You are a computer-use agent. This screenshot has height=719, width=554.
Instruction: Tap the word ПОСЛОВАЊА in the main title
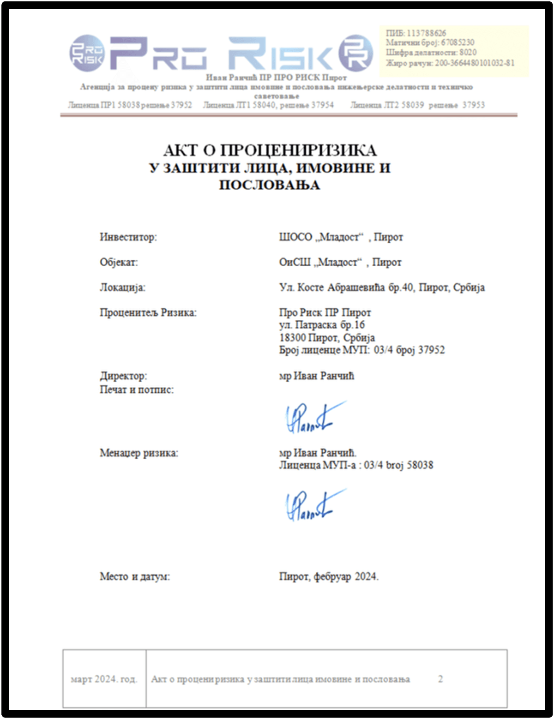[x=269, y=185]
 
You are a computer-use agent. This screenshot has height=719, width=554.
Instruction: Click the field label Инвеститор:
[x=128, y=237]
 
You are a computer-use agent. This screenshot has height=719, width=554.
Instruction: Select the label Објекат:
[x=119, y=262]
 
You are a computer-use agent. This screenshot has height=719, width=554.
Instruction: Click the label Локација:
[x=122, y=288]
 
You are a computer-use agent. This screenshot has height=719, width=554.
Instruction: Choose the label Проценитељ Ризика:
[x=148, y=312]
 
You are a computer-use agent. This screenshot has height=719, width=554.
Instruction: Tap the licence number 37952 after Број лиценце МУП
[x=431, y=350]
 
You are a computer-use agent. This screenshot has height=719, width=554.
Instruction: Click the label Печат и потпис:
[x=137, y=389]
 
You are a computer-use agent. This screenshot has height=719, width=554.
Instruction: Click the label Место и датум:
[x=134, y=576]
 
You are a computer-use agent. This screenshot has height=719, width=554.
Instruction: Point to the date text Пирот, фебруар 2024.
[x=329, y=576]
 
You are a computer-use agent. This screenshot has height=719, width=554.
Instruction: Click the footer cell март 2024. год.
[x=104, y=679]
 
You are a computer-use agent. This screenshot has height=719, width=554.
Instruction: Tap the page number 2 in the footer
[x=440, y=679]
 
